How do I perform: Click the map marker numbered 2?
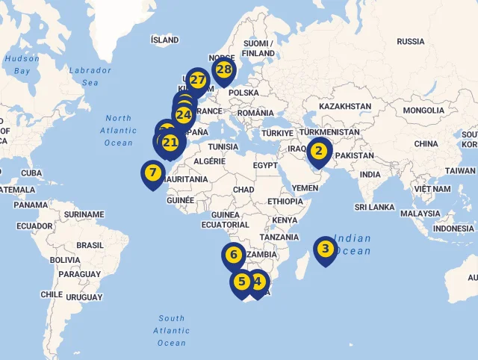tap(319, 151)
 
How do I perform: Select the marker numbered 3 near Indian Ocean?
tap(325, 249)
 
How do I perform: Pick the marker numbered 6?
tap(233, 255)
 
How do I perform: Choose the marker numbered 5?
tap(241, 282)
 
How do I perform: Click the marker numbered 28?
tap(223, 70)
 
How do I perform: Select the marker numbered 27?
tap(198, 79)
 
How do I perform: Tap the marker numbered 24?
tap(184, 115)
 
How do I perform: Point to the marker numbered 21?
tap(170, 143)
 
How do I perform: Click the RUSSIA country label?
tap(410, 42)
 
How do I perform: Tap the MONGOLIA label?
tap(423, 111)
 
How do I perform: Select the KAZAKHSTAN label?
tap(344, 107)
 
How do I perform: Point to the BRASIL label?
tap(90, 245)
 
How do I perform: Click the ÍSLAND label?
tap(164, 40)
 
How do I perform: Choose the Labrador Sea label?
tap(90, 76)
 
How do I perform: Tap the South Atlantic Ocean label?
tap(171, 330)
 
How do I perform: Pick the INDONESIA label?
tap(453, 229)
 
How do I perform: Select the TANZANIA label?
tap(279, 238)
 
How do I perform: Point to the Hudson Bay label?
tap(22, 64)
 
